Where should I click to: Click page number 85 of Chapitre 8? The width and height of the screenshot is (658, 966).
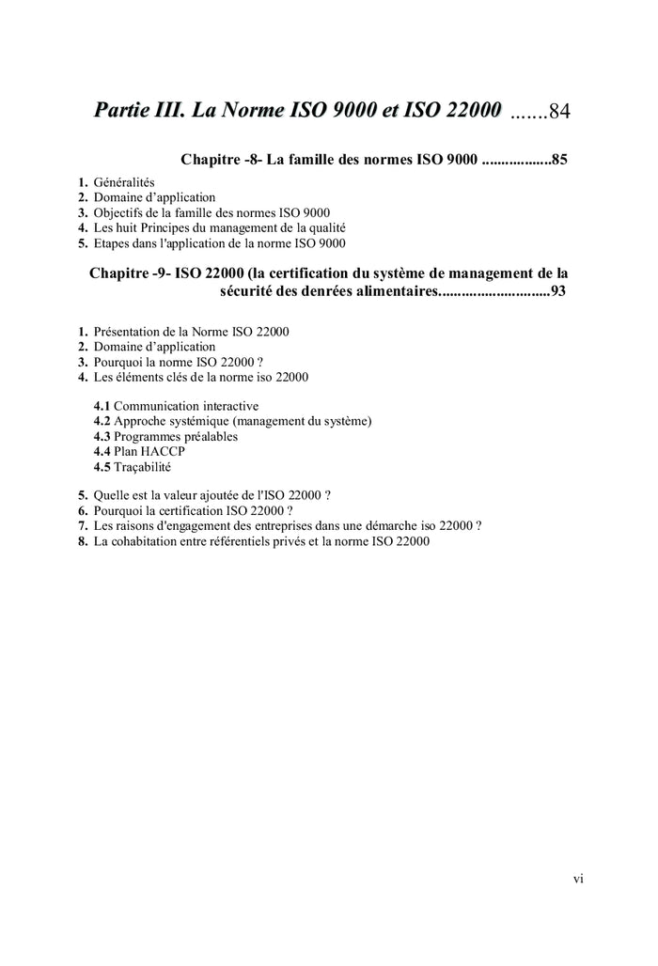[558, 160]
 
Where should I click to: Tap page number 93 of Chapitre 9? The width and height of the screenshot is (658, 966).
[557, 291]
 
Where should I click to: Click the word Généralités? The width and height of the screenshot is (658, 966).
[124, 182]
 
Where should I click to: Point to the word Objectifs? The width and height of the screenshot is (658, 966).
[120, 213]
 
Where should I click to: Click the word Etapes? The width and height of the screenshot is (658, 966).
[113, 243]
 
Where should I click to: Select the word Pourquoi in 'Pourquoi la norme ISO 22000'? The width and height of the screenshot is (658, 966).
[118, 362]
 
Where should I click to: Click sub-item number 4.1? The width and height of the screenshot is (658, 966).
[102, 406]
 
